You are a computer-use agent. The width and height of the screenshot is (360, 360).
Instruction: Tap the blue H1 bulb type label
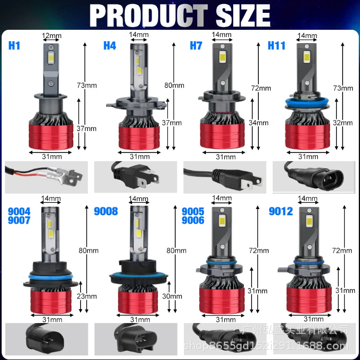tap(14, 46)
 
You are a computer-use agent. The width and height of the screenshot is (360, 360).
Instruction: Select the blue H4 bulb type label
tap(110, 46)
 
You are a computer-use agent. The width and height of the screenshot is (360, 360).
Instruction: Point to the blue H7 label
tap(196, 46)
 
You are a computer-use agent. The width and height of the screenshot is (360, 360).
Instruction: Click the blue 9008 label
tap(106, 211)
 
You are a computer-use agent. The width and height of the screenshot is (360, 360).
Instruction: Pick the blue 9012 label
tap(281, 211)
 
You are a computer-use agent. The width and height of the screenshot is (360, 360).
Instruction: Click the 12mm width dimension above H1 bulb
tap(51, 35)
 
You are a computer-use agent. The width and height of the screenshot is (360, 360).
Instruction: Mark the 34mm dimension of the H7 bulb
tap(259, 122)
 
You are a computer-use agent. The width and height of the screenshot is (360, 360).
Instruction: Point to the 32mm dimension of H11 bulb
tap(344, 123)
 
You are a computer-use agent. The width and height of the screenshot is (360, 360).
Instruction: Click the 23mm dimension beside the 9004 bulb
tap(87, 296)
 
